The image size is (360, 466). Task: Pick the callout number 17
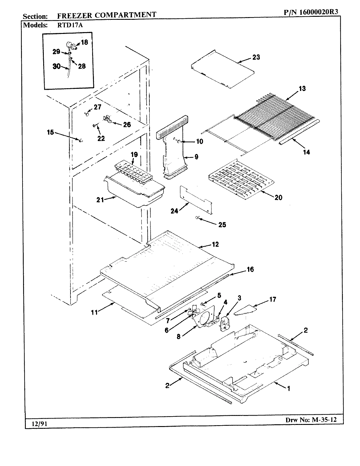272,299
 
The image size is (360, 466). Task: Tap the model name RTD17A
69,25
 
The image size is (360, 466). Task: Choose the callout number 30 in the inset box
57,66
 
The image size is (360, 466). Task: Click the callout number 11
94,312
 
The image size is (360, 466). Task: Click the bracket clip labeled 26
107,119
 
